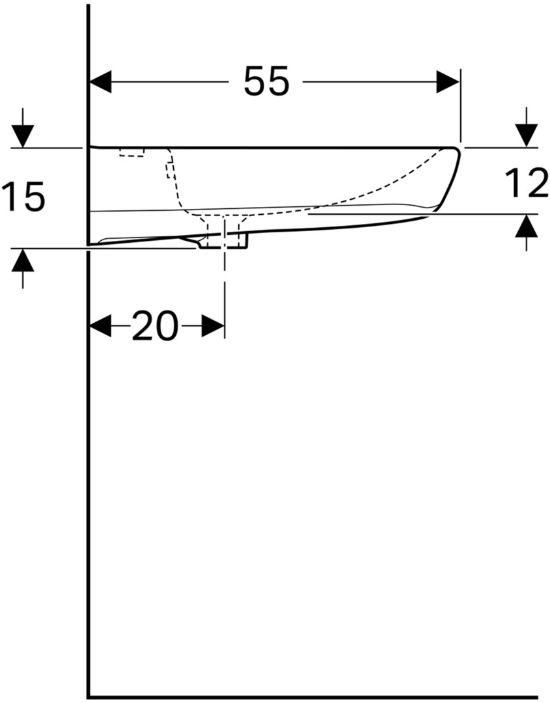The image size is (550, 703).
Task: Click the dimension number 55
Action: (x=267, y=81)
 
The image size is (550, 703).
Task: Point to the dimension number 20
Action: (x=155, y=325)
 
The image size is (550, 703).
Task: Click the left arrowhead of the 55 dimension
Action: (x=100, y=81)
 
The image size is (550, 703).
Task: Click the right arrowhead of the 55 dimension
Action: (x=448, y=81)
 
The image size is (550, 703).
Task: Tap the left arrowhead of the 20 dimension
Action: (x=100, y=325)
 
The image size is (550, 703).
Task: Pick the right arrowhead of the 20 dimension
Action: (x=213, y=325)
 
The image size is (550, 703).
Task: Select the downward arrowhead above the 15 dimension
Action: (x=22, y=137)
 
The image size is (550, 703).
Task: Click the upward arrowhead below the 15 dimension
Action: (x=22, y=259)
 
